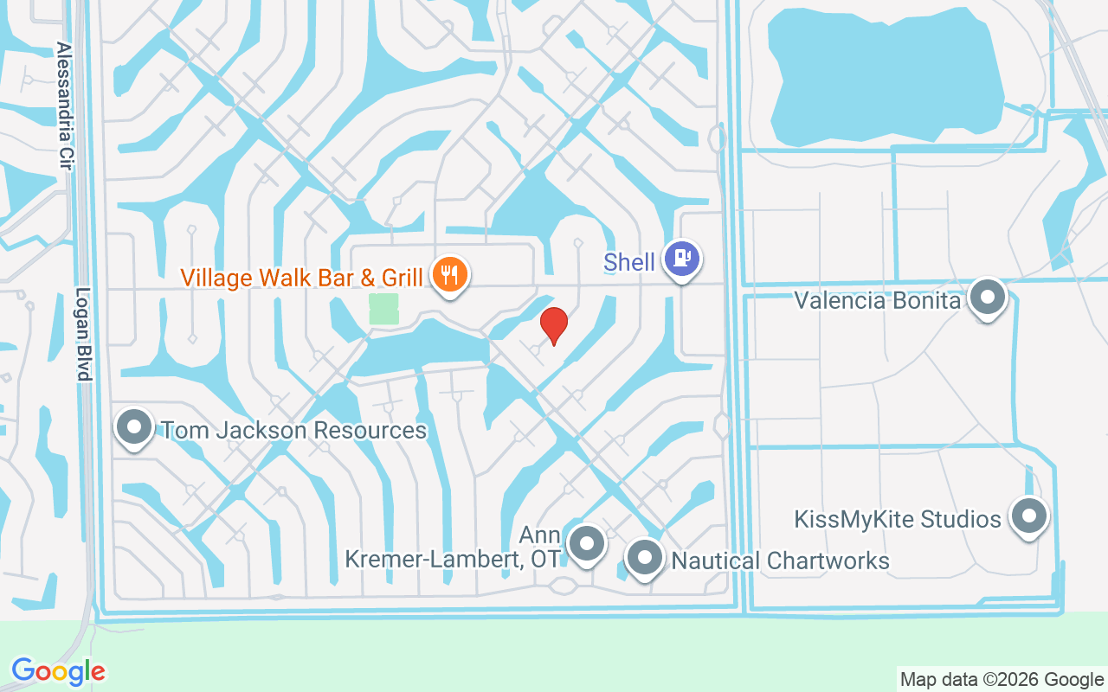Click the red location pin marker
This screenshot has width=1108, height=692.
(553, 325)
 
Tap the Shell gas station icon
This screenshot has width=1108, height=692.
(682, 258)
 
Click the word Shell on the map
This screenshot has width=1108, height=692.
(629, 262)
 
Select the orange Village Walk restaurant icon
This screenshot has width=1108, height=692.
(448, 274)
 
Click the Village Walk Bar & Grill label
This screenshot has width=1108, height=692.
(301, 278)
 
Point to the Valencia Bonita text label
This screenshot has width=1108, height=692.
(878, 301)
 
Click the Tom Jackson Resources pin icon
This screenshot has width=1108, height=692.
(134, 427)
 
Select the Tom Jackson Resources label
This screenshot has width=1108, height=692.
(294, 430)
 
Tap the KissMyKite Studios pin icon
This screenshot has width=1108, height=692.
(1028, 516)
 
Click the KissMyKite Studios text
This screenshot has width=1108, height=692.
(898, 520)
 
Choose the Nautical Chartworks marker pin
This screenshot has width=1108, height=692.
(644, 557)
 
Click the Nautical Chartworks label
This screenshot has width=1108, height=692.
(781, 561)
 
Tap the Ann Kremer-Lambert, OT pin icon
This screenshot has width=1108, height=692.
(587, 545)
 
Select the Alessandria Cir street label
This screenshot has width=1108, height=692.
(63, 106)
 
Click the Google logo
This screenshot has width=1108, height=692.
(59, 671)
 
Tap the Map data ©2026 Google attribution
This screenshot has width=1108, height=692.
(1002, 680)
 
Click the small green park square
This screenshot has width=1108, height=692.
(383, 309)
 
